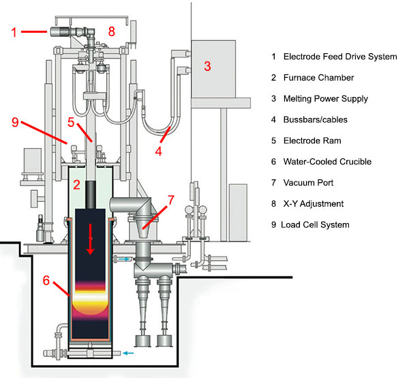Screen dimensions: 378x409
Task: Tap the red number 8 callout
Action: click(112, 31)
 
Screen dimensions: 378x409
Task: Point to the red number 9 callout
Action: click(14, 122)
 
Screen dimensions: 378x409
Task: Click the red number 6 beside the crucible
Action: click(46, 280)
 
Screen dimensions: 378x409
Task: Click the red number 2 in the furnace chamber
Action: click(77, 184)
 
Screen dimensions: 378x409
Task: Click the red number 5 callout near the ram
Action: click(71, 123)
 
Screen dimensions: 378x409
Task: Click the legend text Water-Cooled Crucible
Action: click(329, 162)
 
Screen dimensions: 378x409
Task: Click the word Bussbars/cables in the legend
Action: click(315, 120)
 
